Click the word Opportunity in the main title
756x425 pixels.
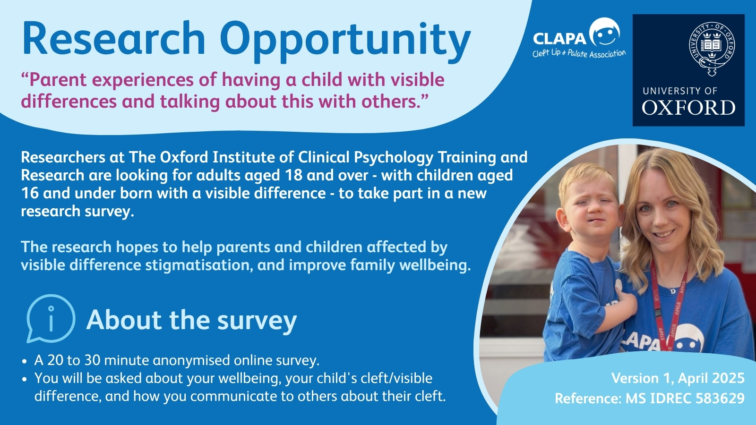(x=347, y=41)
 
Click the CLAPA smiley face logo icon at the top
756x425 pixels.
(x=604, y=32)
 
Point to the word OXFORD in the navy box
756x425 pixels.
(x=688, y=108)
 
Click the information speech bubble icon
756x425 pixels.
(x=51, y=318)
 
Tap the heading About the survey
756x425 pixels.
(x=191, y=320)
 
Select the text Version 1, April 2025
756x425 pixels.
(x=678, y=378)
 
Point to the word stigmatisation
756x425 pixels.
(x=199, y=265)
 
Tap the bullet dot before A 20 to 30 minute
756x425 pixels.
(x=24, y=361)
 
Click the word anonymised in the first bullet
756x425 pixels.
(x=191, y=361)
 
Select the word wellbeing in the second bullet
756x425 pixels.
(x=250, y=378)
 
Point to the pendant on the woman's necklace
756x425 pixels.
(x=673, y=291)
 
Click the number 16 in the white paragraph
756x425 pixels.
(x=30, y=193)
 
